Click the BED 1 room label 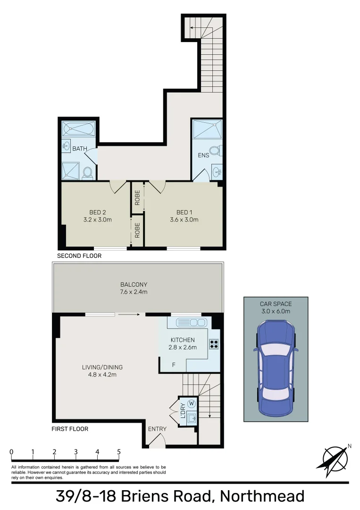tap(184, 212)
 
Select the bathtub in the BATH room tap(79, 128)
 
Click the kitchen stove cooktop tap(214, 344)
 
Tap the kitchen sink tap(190, 323)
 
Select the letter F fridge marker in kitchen tap(174, 365)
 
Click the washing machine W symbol tap(191, 403)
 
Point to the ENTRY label tap(157, 429)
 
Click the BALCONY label tap(134, 285)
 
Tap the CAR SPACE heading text tap(276, 304)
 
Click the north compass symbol tap(335, 458)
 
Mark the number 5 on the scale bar tap(118, 452)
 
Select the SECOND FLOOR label tap(79, 255)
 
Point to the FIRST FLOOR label tap(70, 429)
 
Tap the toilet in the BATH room tap(87, 173)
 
